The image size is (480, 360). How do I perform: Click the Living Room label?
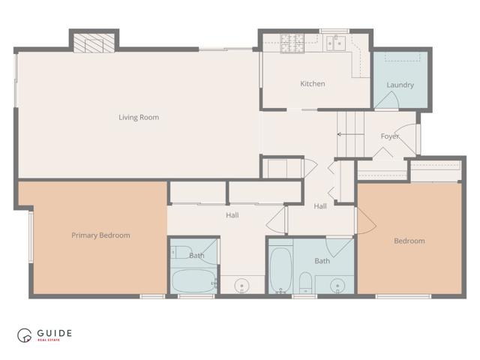pos(139,117)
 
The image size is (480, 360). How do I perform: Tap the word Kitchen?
pos(313,83)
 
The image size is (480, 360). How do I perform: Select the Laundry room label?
pos(400,85)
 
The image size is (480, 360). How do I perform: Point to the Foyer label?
pos(390,136)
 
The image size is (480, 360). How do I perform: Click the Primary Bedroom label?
pos(100,235)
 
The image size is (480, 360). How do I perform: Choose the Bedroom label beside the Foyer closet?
pos(409,241)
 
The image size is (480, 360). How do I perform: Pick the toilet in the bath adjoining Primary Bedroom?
pos(182,253)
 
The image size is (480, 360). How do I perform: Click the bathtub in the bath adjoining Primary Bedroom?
pos(193,282)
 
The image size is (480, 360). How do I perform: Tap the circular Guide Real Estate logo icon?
pos(25,335)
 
